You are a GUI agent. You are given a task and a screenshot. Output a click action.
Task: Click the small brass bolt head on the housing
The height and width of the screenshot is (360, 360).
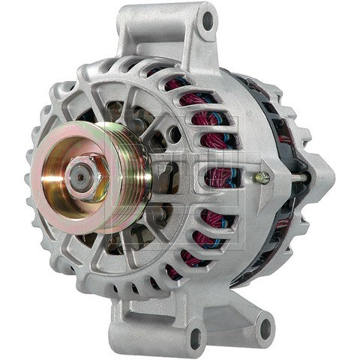261,178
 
